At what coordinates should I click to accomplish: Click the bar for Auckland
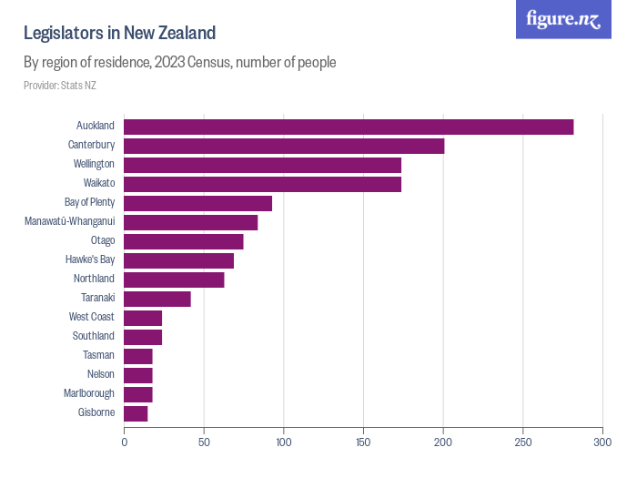pos(349,127)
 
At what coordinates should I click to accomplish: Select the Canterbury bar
pos(284,146)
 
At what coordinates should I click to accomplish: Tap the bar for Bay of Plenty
pos(197,203)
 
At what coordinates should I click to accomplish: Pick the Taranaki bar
pos(157,299)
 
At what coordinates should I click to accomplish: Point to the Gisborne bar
pos(136,413)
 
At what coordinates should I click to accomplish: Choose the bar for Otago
pos(184,241)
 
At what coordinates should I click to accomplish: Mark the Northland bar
pos(174,280)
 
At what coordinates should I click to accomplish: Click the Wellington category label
pos(94,165)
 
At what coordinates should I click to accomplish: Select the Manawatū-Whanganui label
pos(69,222)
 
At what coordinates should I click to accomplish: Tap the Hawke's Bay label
pos(90,260)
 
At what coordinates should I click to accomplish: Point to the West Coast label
pos(91,318)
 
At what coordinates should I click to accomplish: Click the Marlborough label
pos(89,394)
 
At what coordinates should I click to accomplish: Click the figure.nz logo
pos(563,19)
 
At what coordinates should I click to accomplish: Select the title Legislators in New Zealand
pos(119,34)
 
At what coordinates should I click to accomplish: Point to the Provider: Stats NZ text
pos(60,86)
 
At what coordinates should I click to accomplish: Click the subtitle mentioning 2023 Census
pos(180,63)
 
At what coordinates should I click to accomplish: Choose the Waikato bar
pos(262,184)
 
